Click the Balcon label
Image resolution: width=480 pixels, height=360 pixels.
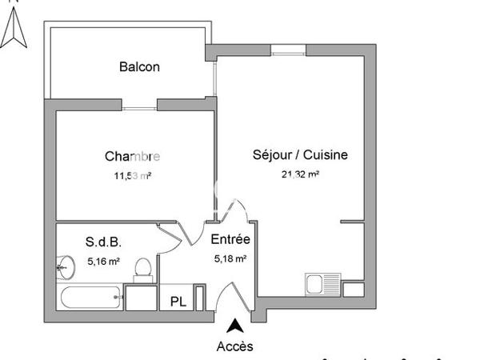139,67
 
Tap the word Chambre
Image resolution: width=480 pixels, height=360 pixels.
132,156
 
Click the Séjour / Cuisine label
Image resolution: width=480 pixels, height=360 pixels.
300,155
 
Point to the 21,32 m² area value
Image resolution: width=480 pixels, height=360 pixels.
300,174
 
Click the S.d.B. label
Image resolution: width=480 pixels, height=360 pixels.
103,241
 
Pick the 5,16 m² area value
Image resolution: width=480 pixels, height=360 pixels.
103,261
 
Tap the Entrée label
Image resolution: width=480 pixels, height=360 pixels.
230,239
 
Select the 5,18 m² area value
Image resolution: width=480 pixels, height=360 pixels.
230,258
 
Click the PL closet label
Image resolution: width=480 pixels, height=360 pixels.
175,302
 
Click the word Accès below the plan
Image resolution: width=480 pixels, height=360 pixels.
234,346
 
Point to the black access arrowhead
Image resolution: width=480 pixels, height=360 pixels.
234,326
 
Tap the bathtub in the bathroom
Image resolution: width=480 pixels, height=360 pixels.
90,300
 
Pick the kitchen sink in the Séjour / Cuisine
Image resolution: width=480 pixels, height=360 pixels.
323,284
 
